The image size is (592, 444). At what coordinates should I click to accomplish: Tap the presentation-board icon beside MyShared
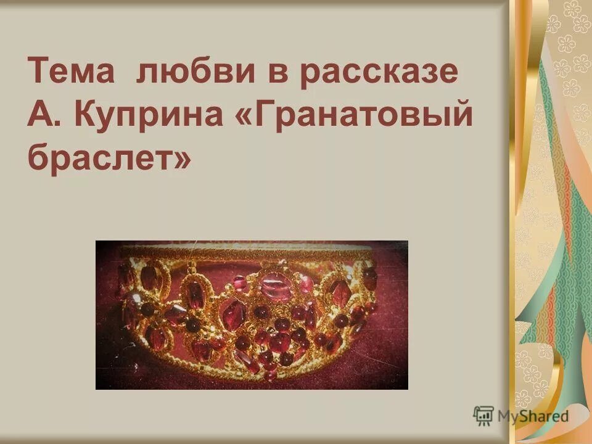483,415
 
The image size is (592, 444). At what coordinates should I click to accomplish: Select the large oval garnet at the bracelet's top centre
276,287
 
